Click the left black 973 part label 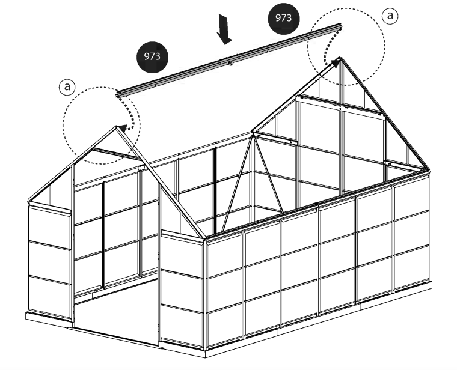(x=152, y=57)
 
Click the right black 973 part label (x=284, y=19)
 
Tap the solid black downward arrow (x=224, y=29)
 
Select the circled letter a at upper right (x=390, y=16)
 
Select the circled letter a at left (x=67, y=86)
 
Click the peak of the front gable (x=116, y=127)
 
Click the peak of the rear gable (x=340, y=58)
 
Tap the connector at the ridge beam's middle (x=230, y=62)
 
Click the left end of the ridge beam (x=117, y=94)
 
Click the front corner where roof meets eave (x=204, y=237)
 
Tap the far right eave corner (x=428, y=171)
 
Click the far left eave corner (x=29, y=201)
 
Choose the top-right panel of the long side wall (x=411, y=198)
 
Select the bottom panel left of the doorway (x=50, y=296)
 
